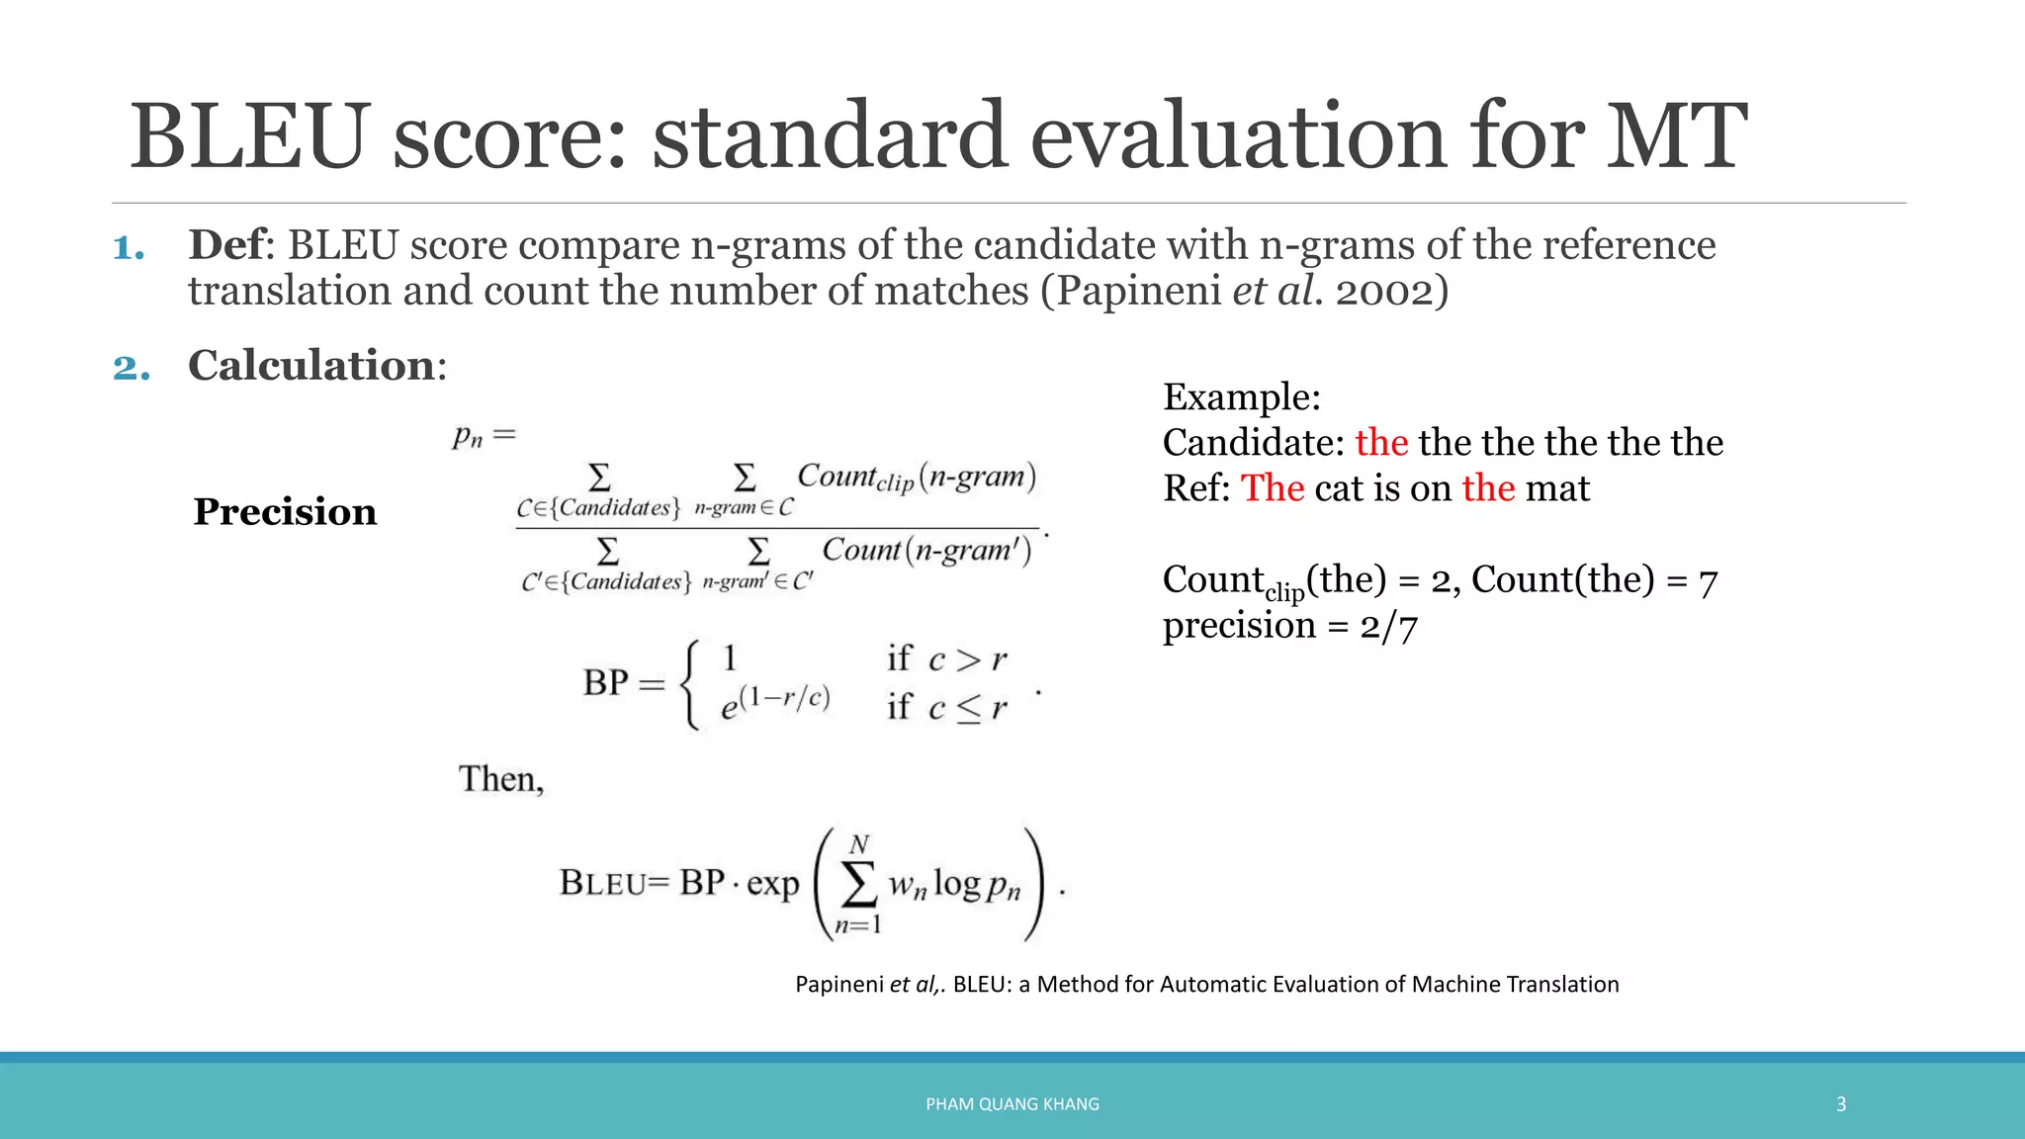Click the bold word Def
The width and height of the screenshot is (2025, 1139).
pyautogui.click(x=226, y=245)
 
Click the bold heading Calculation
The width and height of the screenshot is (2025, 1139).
pyautogui.click(x=310, y=366)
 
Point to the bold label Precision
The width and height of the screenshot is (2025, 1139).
pyautogui.click(x=285, y=512)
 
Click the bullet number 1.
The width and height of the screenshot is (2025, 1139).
pyautogui.click(x=128, y=247)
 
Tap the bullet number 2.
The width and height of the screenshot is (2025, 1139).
pyautogui.click(x=131, y=368)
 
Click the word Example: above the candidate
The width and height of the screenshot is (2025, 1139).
pyautogui.click(x=1241, y=397)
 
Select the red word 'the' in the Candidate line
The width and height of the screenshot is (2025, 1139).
pyautogui.click(x=1380, y=442)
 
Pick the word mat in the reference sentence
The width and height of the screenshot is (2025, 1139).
pyautogui.click(x=1557, y=488)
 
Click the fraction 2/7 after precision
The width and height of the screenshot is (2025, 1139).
pyautogui.click(x=1388, y=626)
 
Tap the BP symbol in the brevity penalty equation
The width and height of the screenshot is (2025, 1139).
pyautogui.click(x=605, y=682)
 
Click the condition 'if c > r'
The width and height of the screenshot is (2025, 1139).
pyautogui.click(x=946, y=658)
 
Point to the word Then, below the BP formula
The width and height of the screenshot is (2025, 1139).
pyautogui.click(x=500, y=779)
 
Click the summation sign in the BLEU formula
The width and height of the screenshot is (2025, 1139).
pyautogui.click(x=858, y=883)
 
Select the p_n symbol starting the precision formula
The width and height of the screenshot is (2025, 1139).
pyautogui.click(x=468, y=435)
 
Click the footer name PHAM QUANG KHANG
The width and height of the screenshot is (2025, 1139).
pyautogui.click(x=1012, y=1104)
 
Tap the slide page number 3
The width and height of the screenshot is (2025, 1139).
pyautogui.click(x=1840, y=1104)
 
